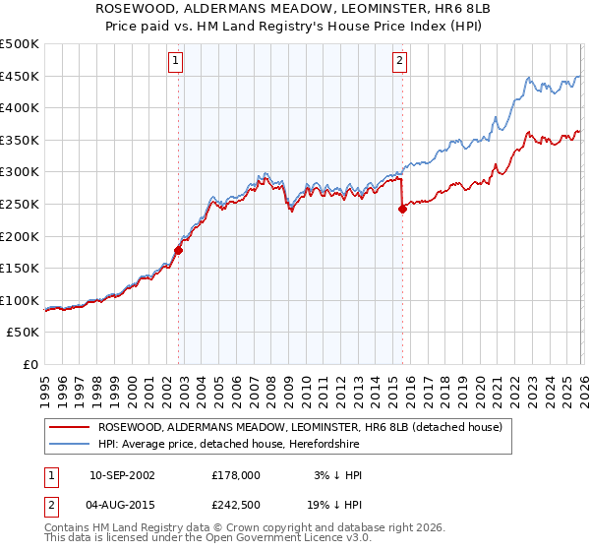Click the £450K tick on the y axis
click(x=20, y=76)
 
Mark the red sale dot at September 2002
click(x=178, y=250)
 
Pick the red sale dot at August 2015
click(x=402, y=208)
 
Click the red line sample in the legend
click(x=71, y=427)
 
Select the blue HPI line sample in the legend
click(x=71, y=445)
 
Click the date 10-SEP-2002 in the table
click(x=122, y=474)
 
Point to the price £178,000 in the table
click(x=236, y=474)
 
